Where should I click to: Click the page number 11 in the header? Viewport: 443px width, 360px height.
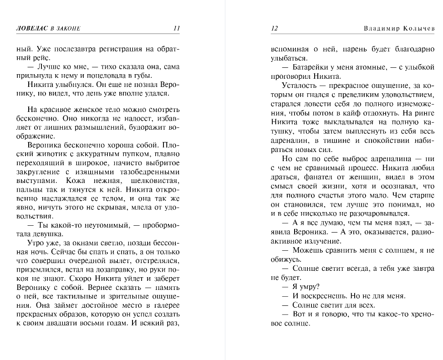click(x=177, y=28)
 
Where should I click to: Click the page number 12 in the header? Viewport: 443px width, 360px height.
click(x=274, y=28)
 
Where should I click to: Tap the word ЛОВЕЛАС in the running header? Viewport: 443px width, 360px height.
click(x=31, y=28)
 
